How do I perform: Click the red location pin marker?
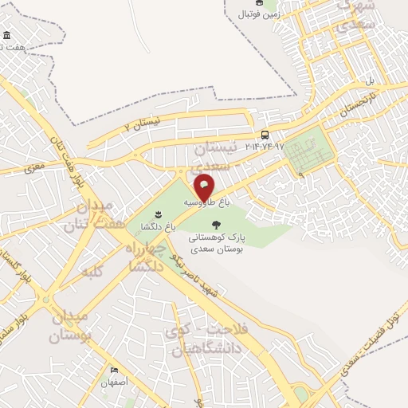204,186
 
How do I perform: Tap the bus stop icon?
265,135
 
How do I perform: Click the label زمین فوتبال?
259,14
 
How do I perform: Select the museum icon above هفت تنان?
7,36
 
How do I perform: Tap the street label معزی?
33,168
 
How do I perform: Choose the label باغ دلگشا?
158,227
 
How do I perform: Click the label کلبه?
93,273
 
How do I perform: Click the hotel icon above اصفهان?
114,371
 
